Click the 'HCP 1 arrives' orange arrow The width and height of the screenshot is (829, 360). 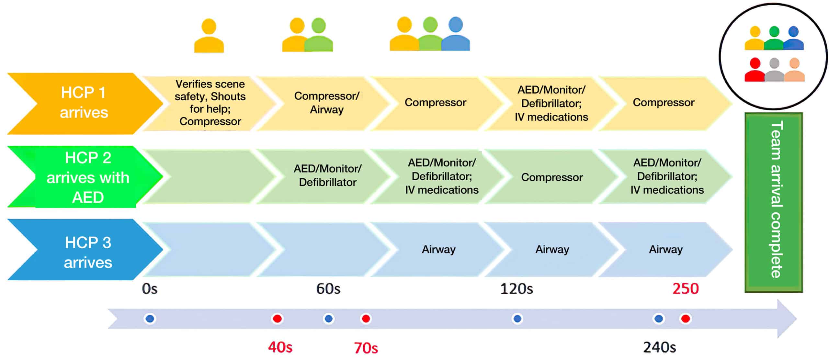pyautogui.click(x=84, y=103)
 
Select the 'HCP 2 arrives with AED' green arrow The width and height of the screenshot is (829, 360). pyautogui.click(x=87, y=177)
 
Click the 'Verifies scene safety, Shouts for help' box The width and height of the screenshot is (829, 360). pyautogui.click(x=210, y=103)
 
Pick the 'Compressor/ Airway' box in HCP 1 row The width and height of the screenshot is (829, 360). pyautogui.click(x=326, y=103)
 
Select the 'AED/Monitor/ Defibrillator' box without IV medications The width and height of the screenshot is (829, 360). pyautogui.click(x=327, y=175)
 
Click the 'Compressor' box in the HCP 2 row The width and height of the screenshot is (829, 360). pyautogui.click(x=552, y=177)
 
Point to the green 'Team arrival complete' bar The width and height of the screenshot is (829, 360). pyautogui.click(x=774, y=202)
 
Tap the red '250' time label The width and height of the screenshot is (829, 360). pyautogui.click(x=685, y=288)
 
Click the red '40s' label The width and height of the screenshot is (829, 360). pyautogui.click(x=280, y=347)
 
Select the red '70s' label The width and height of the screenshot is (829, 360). pyautogui.click(x=366, y=348)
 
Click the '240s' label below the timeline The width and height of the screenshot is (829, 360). pyautogui.click(x=659, y=347)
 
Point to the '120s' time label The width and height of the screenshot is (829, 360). pyautogui.click(x=517, y=288)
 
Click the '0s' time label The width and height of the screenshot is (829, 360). pyautogui.click(x=150, y=288)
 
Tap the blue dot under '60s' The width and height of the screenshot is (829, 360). pyautogui.click(x=328, y=319)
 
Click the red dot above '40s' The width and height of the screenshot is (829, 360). pyautogui.click(x=277, y=319)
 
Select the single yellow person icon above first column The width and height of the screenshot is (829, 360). pyautogui.click(x=209, y=36)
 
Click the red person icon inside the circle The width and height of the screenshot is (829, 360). pyautogui.click(x=755, y=70)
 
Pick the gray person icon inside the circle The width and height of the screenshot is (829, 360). pyautogui.click(x=774, y=70)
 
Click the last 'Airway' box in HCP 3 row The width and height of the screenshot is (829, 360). pyautogui.click(x=665, y=249)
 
